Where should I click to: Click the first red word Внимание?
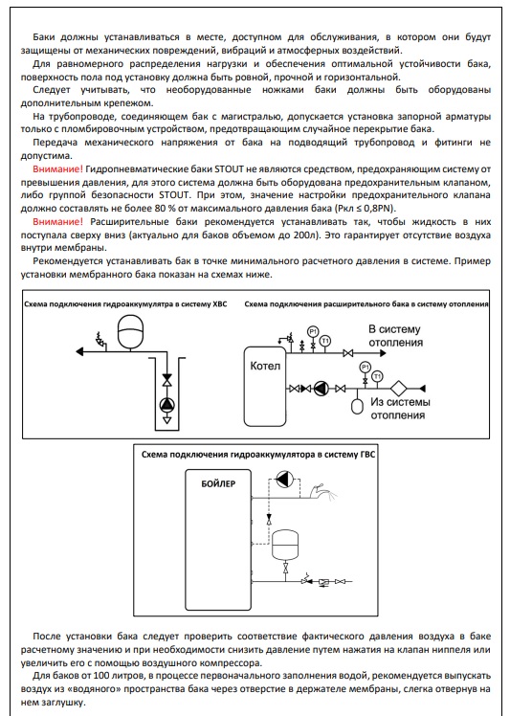click(58, 169)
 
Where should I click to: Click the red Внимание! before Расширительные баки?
click(58, 222)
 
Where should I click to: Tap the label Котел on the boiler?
click(265, 366)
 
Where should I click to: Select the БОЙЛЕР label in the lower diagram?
click(219, 483)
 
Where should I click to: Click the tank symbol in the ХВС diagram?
click(130, 332)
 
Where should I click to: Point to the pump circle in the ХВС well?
click(167, 404)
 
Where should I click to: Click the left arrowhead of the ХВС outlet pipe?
click(79, 351)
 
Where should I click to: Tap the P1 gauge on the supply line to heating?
click(313, 332)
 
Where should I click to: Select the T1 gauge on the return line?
click(377, 377)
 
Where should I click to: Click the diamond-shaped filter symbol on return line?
click(399, 389)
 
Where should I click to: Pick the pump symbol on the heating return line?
click(322, 389)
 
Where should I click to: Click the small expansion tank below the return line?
click(357, 406)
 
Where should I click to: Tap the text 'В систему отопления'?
click(395, 336)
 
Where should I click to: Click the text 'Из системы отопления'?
click(400, 409)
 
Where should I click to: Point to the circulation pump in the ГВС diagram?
click(284, 480)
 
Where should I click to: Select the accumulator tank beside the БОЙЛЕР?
click(285, 545)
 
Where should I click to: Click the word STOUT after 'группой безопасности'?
click(173, 195)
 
